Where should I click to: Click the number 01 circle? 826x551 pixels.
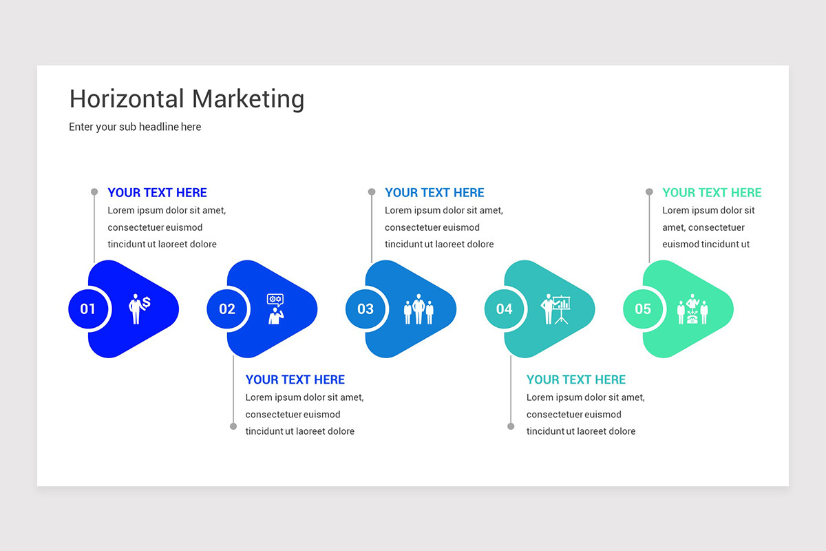(x=88, y=309)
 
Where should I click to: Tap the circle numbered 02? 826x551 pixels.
(x=227, y=309)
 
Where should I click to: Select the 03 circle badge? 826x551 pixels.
(x=366, y=309)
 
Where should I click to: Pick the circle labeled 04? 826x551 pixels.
(x=505, y=309)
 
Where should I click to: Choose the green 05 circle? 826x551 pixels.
(x=643, y=309)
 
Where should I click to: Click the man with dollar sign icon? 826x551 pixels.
(x=139, y=308)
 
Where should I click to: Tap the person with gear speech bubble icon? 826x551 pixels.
(x=275, y=309)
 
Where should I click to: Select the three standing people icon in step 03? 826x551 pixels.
(x=419, y=309)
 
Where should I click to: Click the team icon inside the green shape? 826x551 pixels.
(x=692, y=309)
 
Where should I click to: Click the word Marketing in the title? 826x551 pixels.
(x=248, y=98)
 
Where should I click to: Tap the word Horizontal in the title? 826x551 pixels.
(x=127, y=98)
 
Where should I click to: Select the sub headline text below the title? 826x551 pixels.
(x=135, y=127)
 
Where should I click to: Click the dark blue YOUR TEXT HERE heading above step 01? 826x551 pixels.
(x=157, y=193)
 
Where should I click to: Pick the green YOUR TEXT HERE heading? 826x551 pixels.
(x=712, y=193)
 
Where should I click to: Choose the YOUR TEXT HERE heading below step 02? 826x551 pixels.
(x=295, y=380)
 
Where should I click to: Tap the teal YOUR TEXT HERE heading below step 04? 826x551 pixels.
(x=575, y=380)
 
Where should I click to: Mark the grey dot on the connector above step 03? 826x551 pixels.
(x=372, y=192)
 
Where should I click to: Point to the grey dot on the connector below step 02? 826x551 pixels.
(x=233, y=426)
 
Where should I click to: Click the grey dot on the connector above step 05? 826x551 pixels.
(x=649, y=192)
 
